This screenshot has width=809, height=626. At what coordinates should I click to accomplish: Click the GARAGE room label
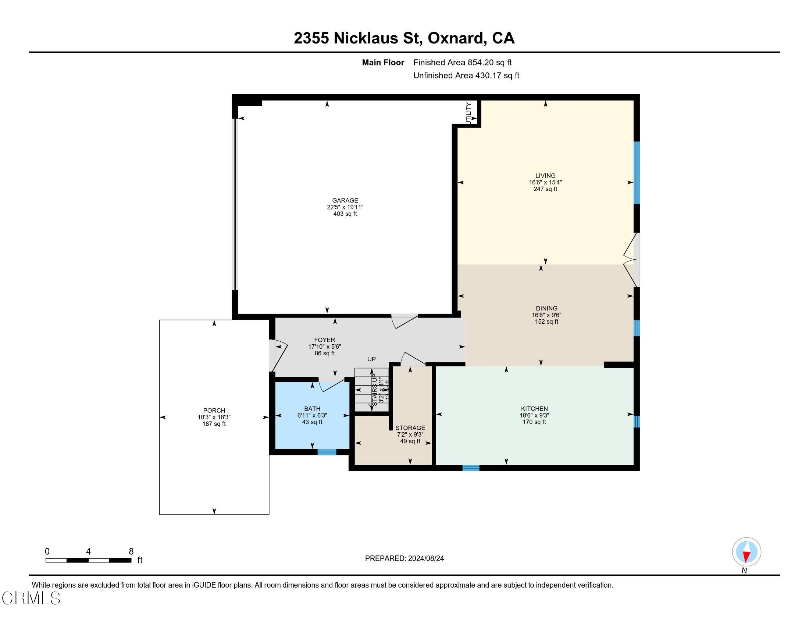pos(345,201)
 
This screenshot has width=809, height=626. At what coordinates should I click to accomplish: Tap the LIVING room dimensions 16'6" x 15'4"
pos(545,182)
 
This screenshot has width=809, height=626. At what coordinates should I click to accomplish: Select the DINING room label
pos(546,308)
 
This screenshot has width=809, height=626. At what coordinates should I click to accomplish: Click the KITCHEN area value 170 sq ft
pos(534,422)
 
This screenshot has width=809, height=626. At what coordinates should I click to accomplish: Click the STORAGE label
pos(410,428)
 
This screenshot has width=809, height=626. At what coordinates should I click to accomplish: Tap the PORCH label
pos(214,411)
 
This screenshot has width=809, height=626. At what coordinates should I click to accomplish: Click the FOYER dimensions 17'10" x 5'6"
pos(324,347)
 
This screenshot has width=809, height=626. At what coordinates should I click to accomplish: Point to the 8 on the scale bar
pos(131,552)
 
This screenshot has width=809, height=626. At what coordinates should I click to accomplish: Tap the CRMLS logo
pos(31,598)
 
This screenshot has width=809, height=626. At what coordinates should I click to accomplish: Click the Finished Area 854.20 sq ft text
pos(462,63)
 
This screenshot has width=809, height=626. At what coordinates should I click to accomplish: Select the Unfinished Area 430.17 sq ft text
pos(466,75)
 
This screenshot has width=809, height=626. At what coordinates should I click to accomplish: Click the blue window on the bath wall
pos(327,452)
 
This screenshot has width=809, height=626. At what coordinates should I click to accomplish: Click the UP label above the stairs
pos(371,359)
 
